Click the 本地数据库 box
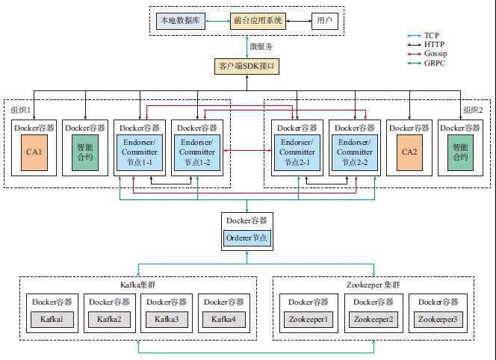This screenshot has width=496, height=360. [179, 20]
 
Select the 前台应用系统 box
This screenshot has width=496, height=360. [258, 20]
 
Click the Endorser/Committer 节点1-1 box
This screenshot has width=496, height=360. [140, 152]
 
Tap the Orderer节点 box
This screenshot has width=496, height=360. [247, 238]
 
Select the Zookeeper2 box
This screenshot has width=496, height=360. [373, 319]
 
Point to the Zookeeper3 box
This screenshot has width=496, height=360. [438, 319]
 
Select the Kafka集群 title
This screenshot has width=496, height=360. [138, 285]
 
